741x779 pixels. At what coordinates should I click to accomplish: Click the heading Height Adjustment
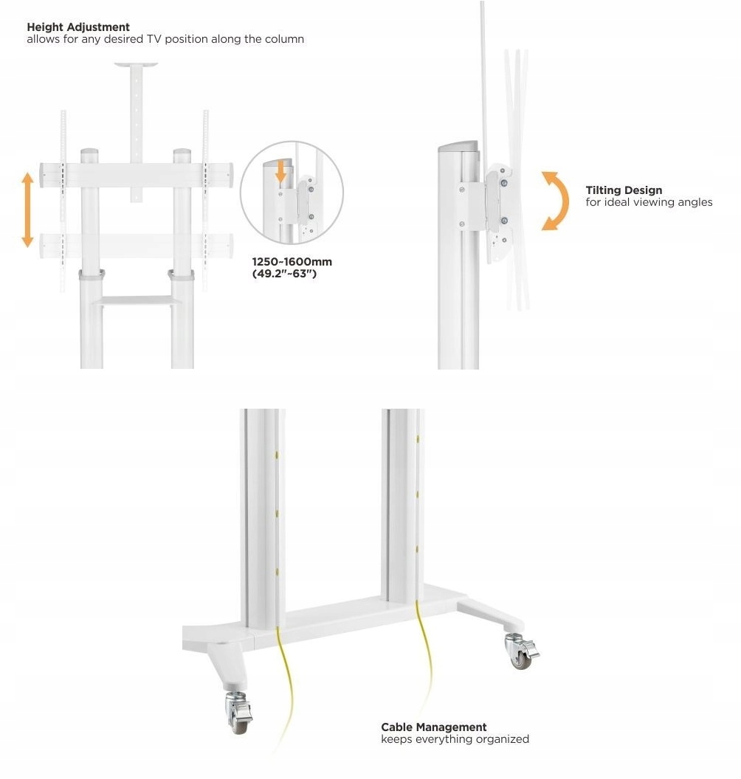(x=78, y=27)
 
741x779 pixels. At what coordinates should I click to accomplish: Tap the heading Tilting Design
(x=624, y=190)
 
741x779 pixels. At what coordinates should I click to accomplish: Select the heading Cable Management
(x=434, y=727)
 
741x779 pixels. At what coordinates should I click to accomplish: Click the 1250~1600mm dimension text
(x=292, y=262)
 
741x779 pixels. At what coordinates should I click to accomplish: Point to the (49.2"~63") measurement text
(x=284, y=274)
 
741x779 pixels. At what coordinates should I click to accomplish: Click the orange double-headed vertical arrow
(x=27, y=210)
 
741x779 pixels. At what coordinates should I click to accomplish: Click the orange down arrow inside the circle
(x=280, y=172)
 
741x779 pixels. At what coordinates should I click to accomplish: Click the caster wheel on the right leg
(x=521, y=651)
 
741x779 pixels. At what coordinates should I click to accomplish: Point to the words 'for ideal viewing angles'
(x=649, y=202)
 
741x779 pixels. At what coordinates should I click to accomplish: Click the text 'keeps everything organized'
(x=455, y=739)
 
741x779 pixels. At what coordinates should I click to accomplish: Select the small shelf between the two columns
(x=137, y=300)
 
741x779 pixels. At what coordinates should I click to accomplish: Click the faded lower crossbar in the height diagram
(x=137, y=246)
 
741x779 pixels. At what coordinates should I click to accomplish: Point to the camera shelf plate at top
(x=137, y=65)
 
